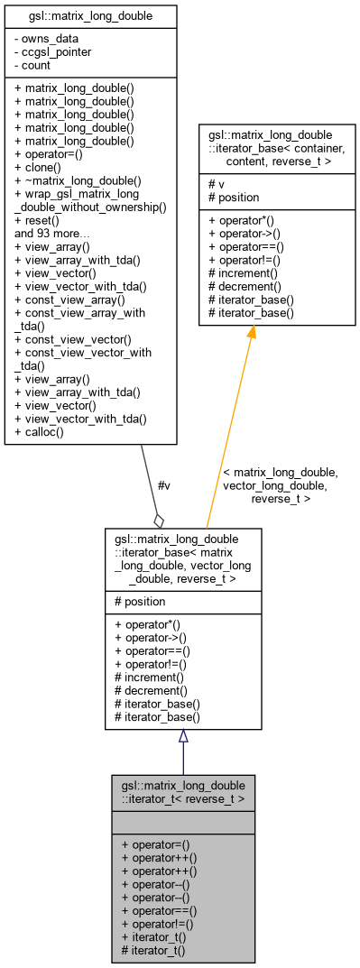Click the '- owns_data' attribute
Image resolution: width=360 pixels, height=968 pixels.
click(48, 39)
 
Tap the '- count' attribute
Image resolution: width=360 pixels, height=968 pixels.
click(38, 64)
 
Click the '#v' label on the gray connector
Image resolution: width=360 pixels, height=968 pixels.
click(163, 485)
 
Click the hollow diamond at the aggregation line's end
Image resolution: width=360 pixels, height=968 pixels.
click(160, 520)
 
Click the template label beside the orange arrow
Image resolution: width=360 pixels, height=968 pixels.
click(281, 485)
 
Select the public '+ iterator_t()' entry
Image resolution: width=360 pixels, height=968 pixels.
click(153, 937)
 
